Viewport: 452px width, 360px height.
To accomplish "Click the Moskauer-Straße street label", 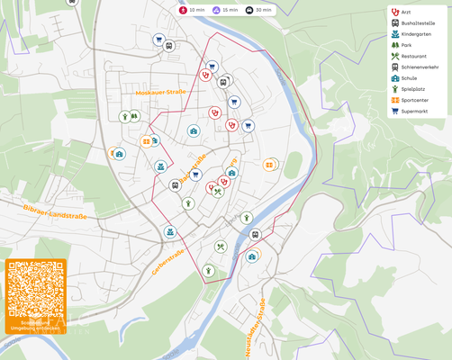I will [160, 92].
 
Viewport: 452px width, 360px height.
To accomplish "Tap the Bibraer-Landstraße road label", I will [55, 211].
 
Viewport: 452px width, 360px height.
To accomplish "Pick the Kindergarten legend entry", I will [416, 34].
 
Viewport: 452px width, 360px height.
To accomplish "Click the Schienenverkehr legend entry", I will [419, 67].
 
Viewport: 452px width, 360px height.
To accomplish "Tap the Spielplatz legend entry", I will [412, 89].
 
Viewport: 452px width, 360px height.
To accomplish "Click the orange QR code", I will [36, 289].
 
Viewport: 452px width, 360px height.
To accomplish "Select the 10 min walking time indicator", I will [192, 9].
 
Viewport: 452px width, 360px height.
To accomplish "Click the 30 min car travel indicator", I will [258, 9].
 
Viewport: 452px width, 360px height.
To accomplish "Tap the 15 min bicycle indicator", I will [225, 9].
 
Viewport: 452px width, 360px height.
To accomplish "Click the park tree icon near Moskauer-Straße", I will [134, 115].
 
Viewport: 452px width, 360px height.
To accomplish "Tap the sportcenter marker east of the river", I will [269, 165].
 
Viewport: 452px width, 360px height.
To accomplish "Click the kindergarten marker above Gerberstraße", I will [168, 232].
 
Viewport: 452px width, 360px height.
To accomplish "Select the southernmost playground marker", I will [208, 270].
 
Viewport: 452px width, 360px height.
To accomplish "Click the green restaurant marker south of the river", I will [220, 247].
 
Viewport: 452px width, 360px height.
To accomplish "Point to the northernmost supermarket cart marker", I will [158, 40].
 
